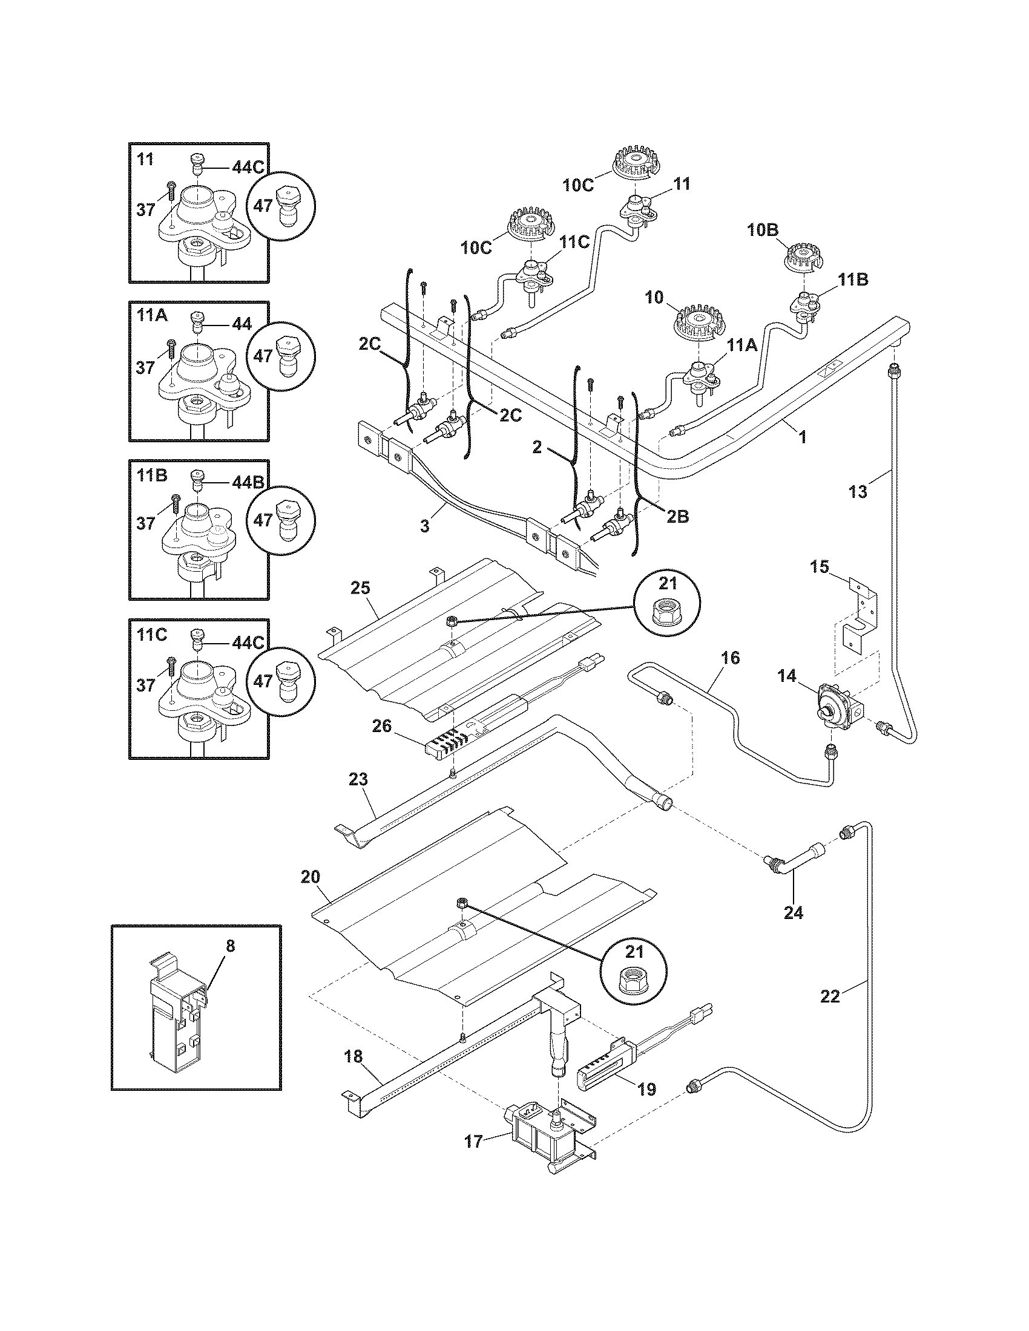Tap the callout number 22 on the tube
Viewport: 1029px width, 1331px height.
830,996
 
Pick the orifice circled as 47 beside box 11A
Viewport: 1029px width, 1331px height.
285,356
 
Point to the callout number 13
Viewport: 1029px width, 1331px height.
858,491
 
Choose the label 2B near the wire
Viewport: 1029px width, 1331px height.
677,516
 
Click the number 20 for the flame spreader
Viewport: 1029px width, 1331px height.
310,877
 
